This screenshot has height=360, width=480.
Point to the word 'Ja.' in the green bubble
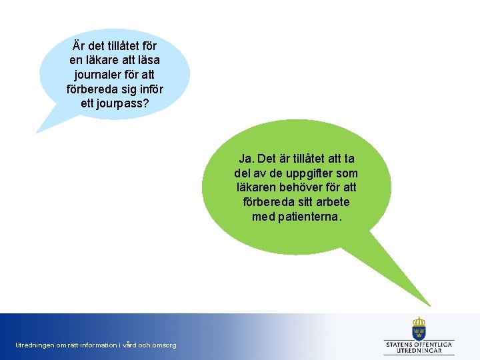pyautogui.click(x=246, y=159)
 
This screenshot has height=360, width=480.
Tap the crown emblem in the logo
pyautogui.click(x=419, y=328)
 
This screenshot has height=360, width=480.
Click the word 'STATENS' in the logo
pyautogui.click(x=402, y=344)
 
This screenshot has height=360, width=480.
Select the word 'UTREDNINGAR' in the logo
pyautogui.click(x=419, y=351)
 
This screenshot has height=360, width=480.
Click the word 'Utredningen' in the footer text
pyautogui.click(x=35, y=345)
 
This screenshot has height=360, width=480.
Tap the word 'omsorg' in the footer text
pyautogui.click(x=164, y=345)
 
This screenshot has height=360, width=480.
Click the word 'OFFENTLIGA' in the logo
pyautogui.click(x=435, y=344)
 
